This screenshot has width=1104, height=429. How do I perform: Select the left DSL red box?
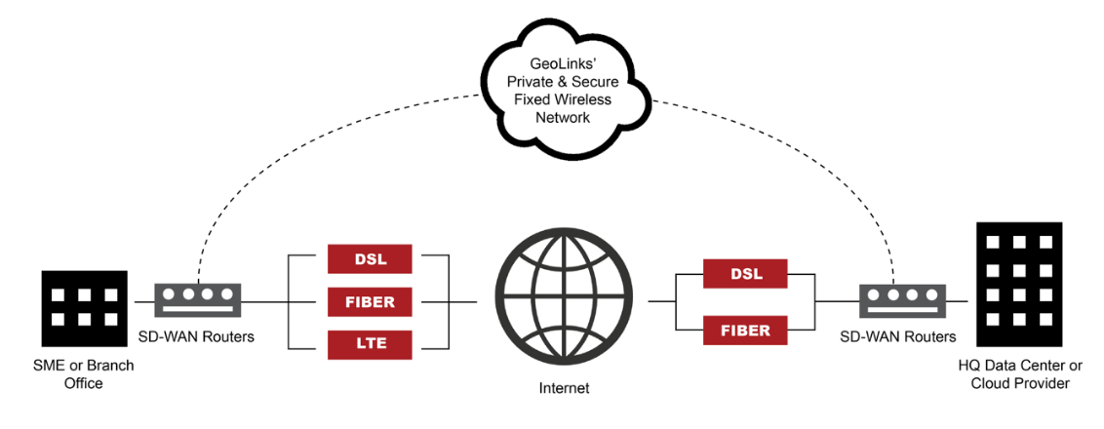pyautogui.click(x=370, y=258)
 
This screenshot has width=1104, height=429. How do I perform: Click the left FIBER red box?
pyautogui.click(x=370, y=301)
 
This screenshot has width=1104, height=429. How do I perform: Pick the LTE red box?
pyautogui.click(x=370, y=344)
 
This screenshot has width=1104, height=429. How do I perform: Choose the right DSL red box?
pyautogui.click(x=746, y=274)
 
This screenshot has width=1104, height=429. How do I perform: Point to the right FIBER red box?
pyautogui.click(x=746, y=330)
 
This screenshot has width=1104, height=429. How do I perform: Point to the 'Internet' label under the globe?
pyautogui.click(x=563, y=388)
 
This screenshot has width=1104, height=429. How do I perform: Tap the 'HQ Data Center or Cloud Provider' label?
pyautogui.click(x=1020, y=374)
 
